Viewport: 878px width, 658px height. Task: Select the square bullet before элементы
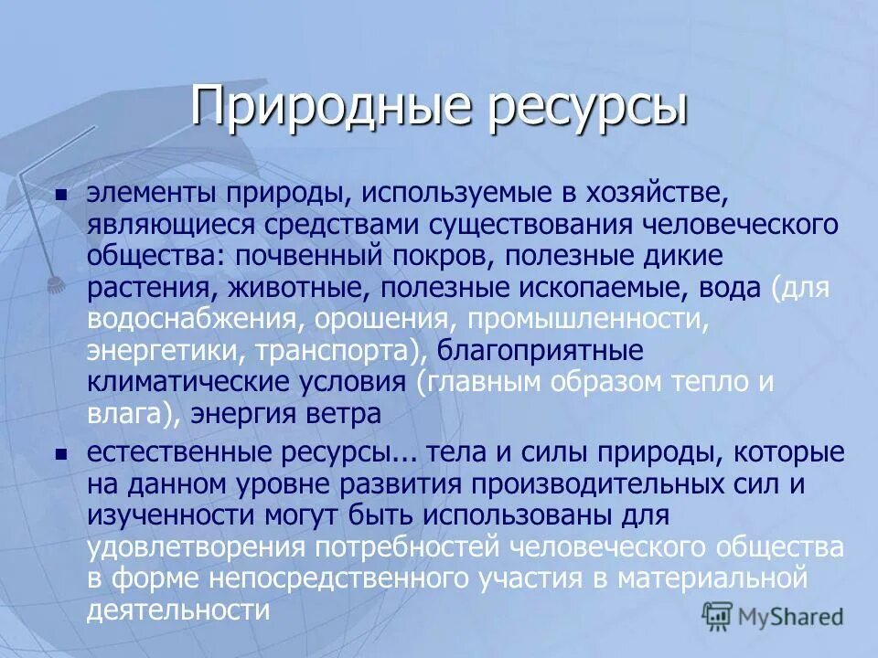click(x=61, y=195)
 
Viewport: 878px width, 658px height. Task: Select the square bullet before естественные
click(x=61, y=454)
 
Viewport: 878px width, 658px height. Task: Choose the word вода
click(x=729, y=288)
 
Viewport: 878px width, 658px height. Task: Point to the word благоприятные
click(x=541, y=351)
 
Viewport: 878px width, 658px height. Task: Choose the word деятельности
click(x=178, y=609)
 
